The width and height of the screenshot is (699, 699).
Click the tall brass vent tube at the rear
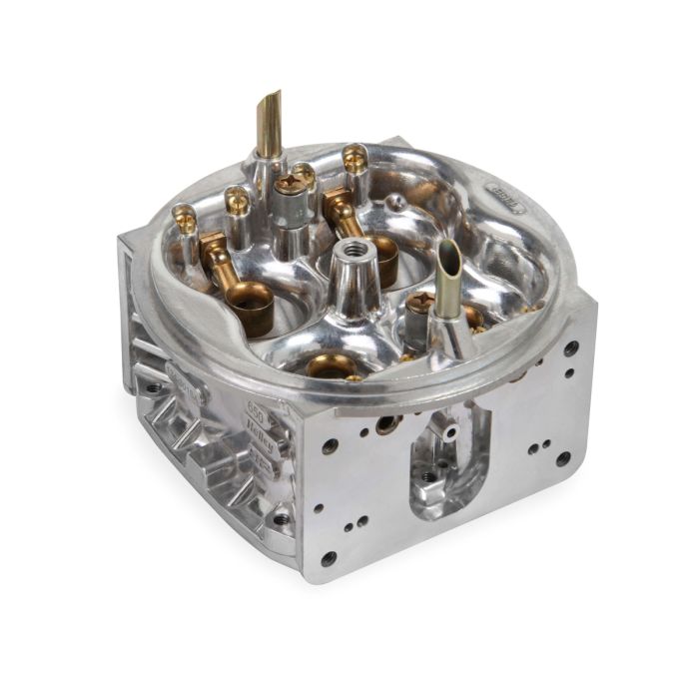(x=269, y=125)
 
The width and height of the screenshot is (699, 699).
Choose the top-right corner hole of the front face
(x=571, y=349)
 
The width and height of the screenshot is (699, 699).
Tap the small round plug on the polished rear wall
(x=397, y=203)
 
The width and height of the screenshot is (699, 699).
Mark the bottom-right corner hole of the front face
(x=563, y=458)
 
